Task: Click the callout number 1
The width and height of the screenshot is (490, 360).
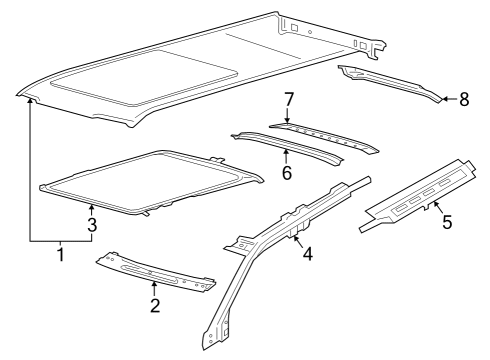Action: pyautogui.click(x=61, y=255)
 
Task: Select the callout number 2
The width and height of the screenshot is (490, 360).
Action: pyautogui.click(x=155, y=305)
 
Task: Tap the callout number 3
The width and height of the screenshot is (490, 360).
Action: pyautogui.click(x=92, y=225)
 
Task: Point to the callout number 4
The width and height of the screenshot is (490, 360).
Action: pyautogui.click(x=308, y=253)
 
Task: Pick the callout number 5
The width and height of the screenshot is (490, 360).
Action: pyautogui.click(x=447, y=222)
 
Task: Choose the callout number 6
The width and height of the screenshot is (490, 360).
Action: pyautogui.click(x=287, y=173)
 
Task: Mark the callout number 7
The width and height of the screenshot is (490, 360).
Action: pyautogui.click(x=289, y=100)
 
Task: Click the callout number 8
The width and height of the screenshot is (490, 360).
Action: pyautogui.click(x=464, y=99)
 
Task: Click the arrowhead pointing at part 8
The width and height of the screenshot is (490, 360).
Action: pyautogui.click(x=445, y=99)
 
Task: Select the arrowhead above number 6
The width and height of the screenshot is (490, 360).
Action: pyautogui.click(x=286, y=153)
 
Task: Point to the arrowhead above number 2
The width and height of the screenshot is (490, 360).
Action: pyautogui.click(x=154, y=284)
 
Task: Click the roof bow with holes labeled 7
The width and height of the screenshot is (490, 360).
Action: pyautogui.click(x=324, y=137)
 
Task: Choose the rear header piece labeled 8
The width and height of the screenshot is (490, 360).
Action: pyautogui.click(x=391, y=82)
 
